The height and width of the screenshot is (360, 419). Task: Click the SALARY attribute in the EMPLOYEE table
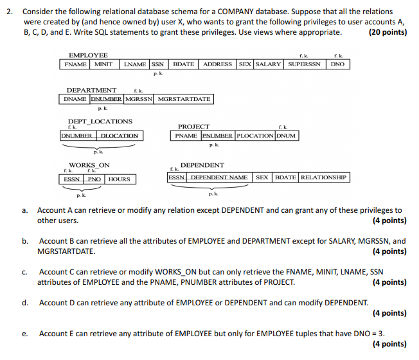269,64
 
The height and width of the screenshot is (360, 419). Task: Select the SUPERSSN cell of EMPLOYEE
304,64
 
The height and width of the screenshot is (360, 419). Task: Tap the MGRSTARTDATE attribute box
184,99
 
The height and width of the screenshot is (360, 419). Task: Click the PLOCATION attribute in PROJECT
254,136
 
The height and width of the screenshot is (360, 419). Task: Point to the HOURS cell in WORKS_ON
118,179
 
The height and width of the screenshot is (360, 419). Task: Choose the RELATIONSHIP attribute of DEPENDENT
323,177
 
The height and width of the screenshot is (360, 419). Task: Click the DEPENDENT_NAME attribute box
220,177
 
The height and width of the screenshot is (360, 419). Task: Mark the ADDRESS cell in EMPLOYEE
217,64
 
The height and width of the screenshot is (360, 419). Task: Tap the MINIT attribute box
103,64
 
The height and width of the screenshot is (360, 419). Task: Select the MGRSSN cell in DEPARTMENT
139,99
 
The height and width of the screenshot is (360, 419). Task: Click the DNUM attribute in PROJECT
285,136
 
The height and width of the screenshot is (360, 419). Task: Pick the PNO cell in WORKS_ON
94,179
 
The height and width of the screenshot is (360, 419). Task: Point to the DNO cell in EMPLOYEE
337,64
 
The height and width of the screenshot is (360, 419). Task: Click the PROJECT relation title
193,127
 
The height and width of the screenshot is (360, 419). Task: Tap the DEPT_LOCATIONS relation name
100,121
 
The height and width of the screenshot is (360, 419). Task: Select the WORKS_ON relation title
89,165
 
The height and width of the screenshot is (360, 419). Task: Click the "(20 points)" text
388,32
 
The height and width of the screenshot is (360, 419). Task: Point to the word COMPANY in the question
238,12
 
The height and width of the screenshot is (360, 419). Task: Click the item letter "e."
24,334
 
